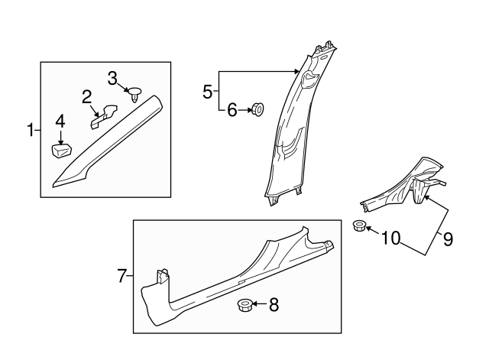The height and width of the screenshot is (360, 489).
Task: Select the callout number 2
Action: click(x=88, y=96)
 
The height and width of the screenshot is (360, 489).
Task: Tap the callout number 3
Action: click(x=112, y=77)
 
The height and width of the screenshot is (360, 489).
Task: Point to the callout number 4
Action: click(x=59, y=122)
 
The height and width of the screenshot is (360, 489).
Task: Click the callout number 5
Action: click(x=208, y=92)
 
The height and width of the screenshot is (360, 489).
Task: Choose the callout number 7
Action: click(x=122, y=276)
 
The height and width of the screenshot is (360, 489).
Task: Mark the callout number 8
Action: click(x=274, y=306)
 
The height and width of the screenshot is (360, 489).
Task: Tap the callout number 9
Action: click(x=448, y=239)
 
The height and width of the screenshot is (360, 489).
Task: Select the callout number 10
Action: click(x=390, y=239)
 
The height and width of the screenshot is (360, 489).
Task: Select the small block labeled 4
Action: click(x=60, y=147)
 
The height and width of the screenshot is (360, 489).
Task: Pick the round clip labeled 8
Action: click(x=244, y=306)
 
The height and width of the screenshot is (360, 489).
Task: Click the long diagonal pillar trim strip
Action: click(x=107, y=141)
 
